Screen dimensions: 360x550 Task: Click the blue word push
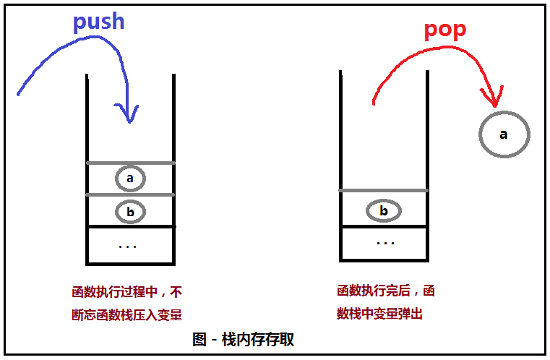tap(99, 22)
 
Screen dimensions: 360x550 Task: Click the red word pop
tap(444, 30)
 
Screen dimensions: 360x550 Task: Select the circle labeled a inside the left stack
tap(130, 178)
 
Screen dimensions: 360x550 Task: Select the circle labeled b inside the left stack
tap(130, 212)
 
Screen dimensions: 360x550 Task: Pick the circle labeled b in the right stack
tap(383, 211)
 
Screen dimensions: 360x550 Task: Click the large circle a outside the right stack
tap(504, 134)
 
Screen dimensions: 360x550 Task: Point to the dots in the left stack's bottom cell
tap(127, 247)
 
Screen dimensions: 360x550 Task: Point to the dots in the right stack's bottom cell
tap(385, 243)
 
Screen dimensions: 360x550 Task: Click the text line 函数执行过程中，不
tap(127, 293)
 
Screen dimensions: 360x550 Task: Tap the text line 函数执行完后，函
tap(386, 291)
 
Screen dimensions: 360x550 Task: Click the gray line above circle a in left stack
tap(130, 163)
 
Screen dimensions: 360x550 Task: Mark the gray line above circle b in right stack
tap(383, 190)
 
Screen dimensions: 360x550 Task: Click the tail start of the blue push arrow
tap(18, 93)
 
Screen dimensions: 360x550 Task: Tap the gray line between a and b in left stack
tap(130, 194)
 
